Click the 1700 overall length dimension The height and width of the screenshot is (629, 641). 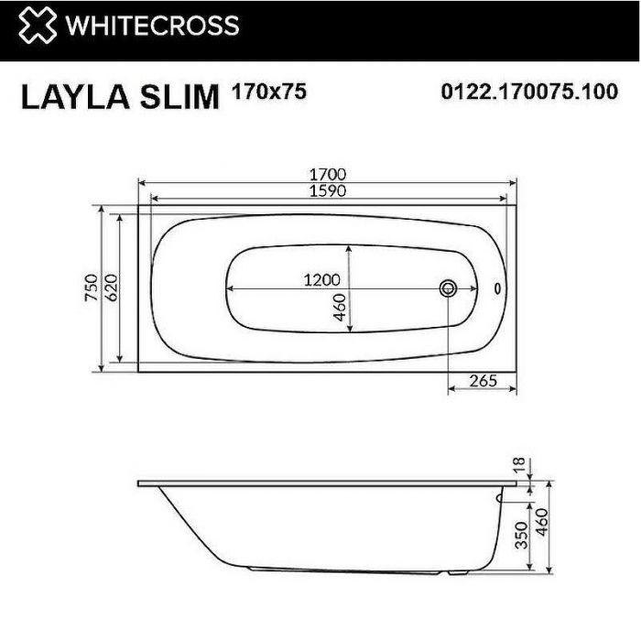tap(328, 174)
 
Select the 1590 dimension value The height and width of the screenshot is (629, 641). tap(328, 190)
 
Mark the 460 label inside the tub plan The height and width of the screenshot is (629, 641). tap(338, 308)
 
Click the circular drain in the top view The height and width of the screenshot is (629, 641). tap(449, 288)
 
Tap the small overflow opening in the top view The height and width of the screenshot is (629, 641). tap(497, 288)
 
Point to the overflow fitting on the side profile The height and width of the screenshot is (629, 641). tap(499, 499)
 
